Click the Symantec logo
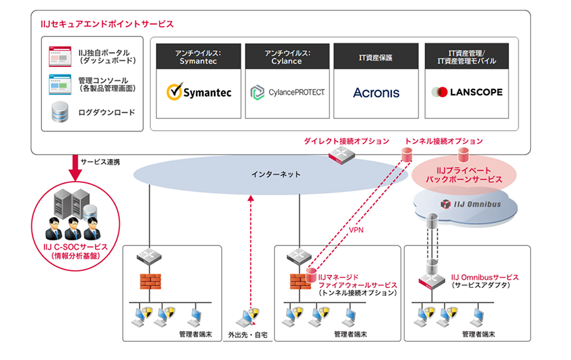coord(199,93)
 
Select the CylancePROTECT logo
coord(287,93)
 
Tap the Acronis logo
coord(376,93)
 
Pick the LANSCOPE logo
coord(466,92)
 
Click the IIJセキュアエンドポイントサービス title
coord(106,24)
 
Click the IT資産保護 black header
coord(376,57)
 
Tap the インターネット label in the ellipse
coord(275,174)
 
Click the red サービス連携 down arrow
coord(75,164)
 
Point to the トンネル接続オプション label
coord(444,141)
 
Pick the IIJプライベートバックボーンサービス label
coord(464,175)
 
